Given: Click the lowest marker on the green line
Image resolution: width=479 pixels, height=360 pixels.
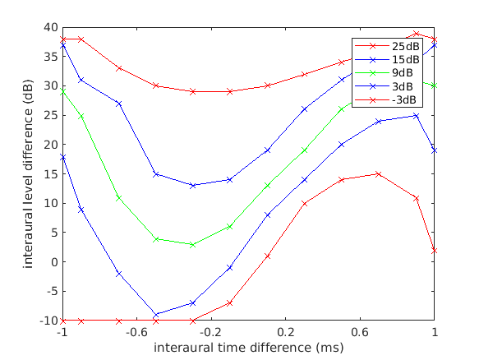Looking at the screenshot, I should pos(192,244).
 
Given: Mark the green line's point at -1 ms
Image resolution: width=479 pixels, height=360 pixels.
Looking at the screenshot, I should pos(62,91).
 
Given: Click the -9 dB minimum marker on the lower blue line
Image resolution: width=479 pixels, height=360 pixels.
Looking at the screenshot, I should pos(155,315).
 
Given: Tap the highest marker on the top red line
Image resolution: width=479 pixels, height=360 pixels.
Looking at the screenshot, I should pos(416,33).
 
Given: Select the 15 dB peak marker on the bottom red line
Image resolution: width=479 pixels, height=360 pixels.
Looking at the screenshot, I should pos(378,173).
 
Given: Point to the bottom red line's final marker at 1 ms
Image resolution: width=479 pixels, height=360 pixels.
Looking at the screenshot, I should pos(434,250).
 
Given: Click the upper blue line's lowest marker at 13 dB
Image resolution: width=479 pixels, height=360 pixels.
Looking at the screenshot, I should pos(192,186).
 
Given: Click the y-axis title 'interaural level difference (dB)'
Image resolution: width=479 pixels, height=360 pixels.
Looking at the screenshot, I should pos(29,174).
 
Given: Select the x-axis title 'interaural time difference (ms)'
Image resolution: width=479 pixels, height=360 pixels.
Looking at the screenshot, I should pos(248,348).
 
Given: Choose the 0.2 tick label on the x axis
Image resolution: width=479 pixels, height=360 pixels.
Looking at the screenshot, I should pos(285,332).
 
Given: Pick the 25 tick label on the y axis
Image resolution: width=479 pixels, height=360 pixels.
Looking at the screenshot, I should pos(51,115).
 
